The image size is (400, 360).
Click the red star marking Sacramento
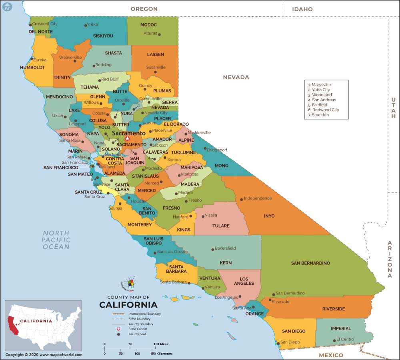127,138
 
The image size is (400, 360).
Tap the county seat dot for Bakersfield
212,249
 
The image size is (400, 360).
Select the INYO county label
269,216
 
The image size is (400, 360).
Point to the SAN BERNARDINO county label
310,263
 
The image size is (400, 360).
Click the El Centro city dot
334,340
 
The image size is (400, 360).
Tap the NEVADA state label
236,77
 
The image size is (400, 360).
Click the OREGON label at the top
144,9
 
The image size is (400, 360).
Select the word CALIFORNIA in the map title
128,305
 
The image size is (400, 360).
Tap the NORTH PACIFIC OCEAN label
56,240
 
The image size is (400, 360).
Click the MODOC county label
148,25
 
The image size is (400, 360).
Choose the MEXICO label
331,355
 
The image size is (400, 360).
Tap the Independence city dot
241,199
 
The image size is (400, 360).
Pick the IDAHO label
302,9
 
